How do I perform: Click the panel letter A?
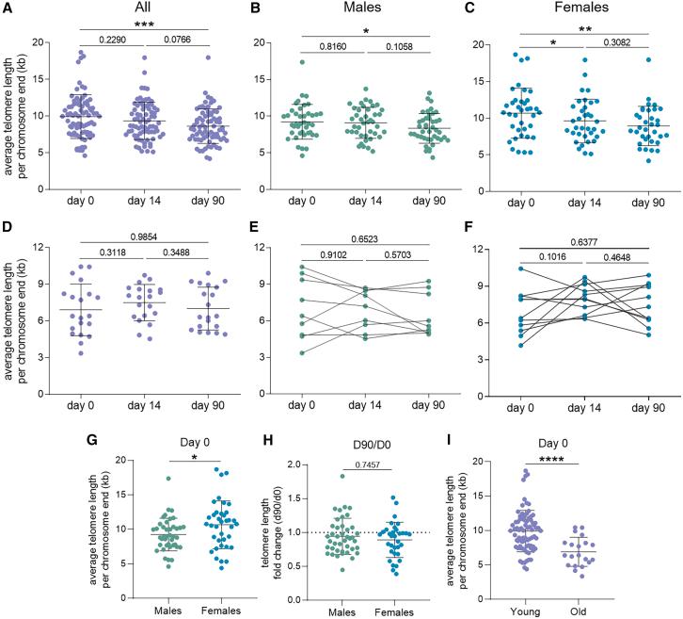pos(8,8)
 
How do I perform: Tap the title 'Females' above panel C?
pos(583,9)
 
